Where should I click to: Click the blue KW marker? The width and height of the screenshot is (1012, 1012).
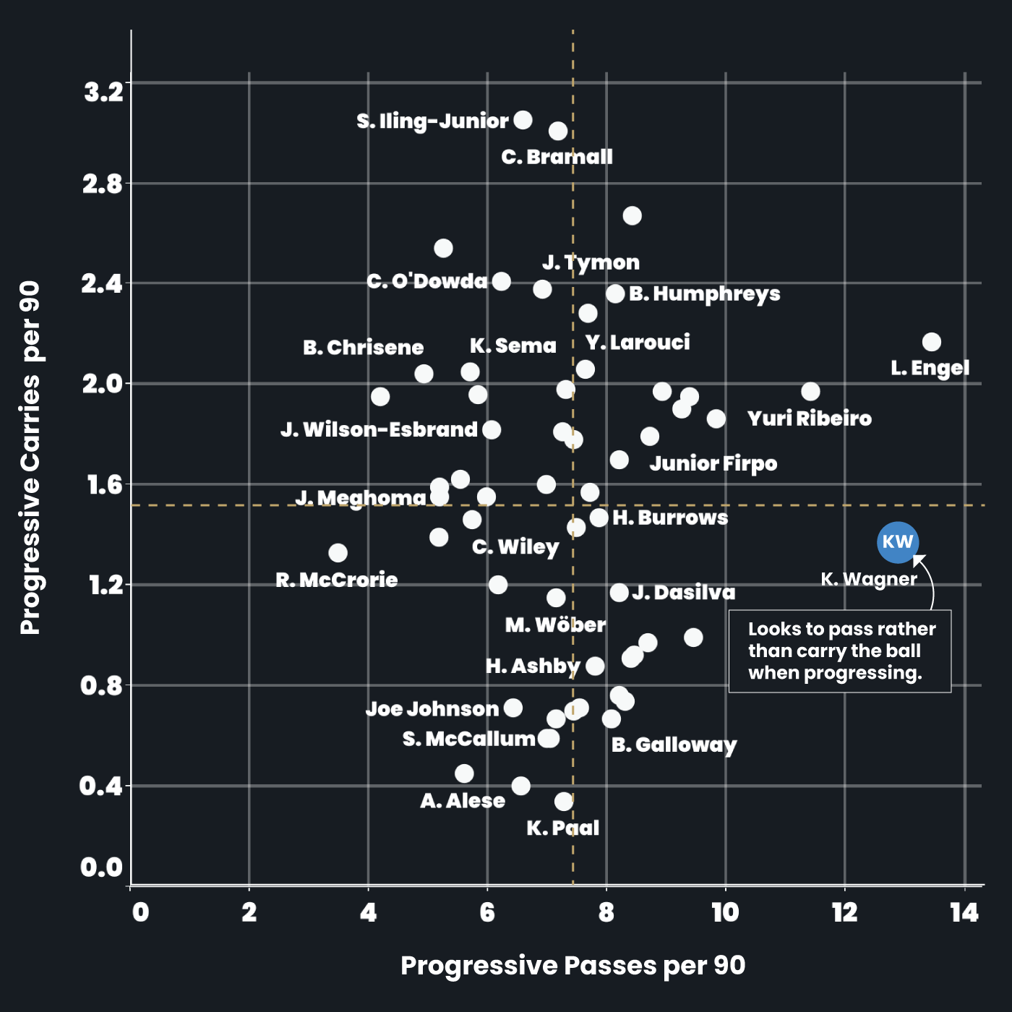898,542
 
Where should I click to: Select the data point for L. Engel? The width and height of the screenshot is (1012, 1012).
932,342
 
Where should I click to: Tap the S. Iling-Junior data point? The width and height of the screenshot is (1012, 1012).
523,120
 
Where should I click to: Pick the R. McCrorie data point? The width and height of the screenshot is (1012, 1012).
338,553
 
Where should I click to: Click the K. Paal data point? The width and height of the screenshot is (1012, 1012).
564,801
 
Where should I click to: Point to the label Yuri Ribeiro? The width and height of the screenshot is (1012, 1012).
809,419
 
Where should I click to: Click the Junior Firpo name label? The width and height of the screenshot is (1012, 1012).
713,463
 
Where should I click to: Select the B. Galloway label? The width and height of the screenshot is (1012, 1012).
674,745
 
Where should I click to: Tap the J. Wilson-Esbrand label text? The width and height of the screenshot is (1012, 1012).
379,430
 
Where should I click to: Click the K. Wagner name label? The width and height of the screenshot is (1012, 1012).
868,579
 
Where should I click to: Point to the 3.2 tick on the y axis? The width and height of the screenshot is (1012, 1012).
104,93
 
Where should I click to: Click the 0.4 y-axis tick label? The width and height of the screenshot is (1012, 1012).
100,786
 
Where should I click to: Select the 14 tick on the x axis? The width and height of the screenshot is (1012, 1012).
964,913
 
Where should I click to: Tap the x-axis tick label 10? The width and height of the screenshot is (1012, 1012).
725,913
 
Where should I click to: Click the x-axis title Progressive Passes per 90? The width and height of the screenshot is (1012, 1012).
573,966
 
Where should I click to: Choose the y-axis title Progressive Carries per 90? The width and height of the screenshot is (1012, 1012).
30,458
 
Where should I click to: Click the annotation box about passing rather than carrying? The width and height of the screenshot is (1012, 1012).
840,651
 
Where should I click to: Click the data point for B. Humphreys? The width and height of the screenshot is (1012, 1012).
615,293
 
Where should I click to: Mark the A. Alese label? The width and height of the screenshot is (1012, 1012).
463,801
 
